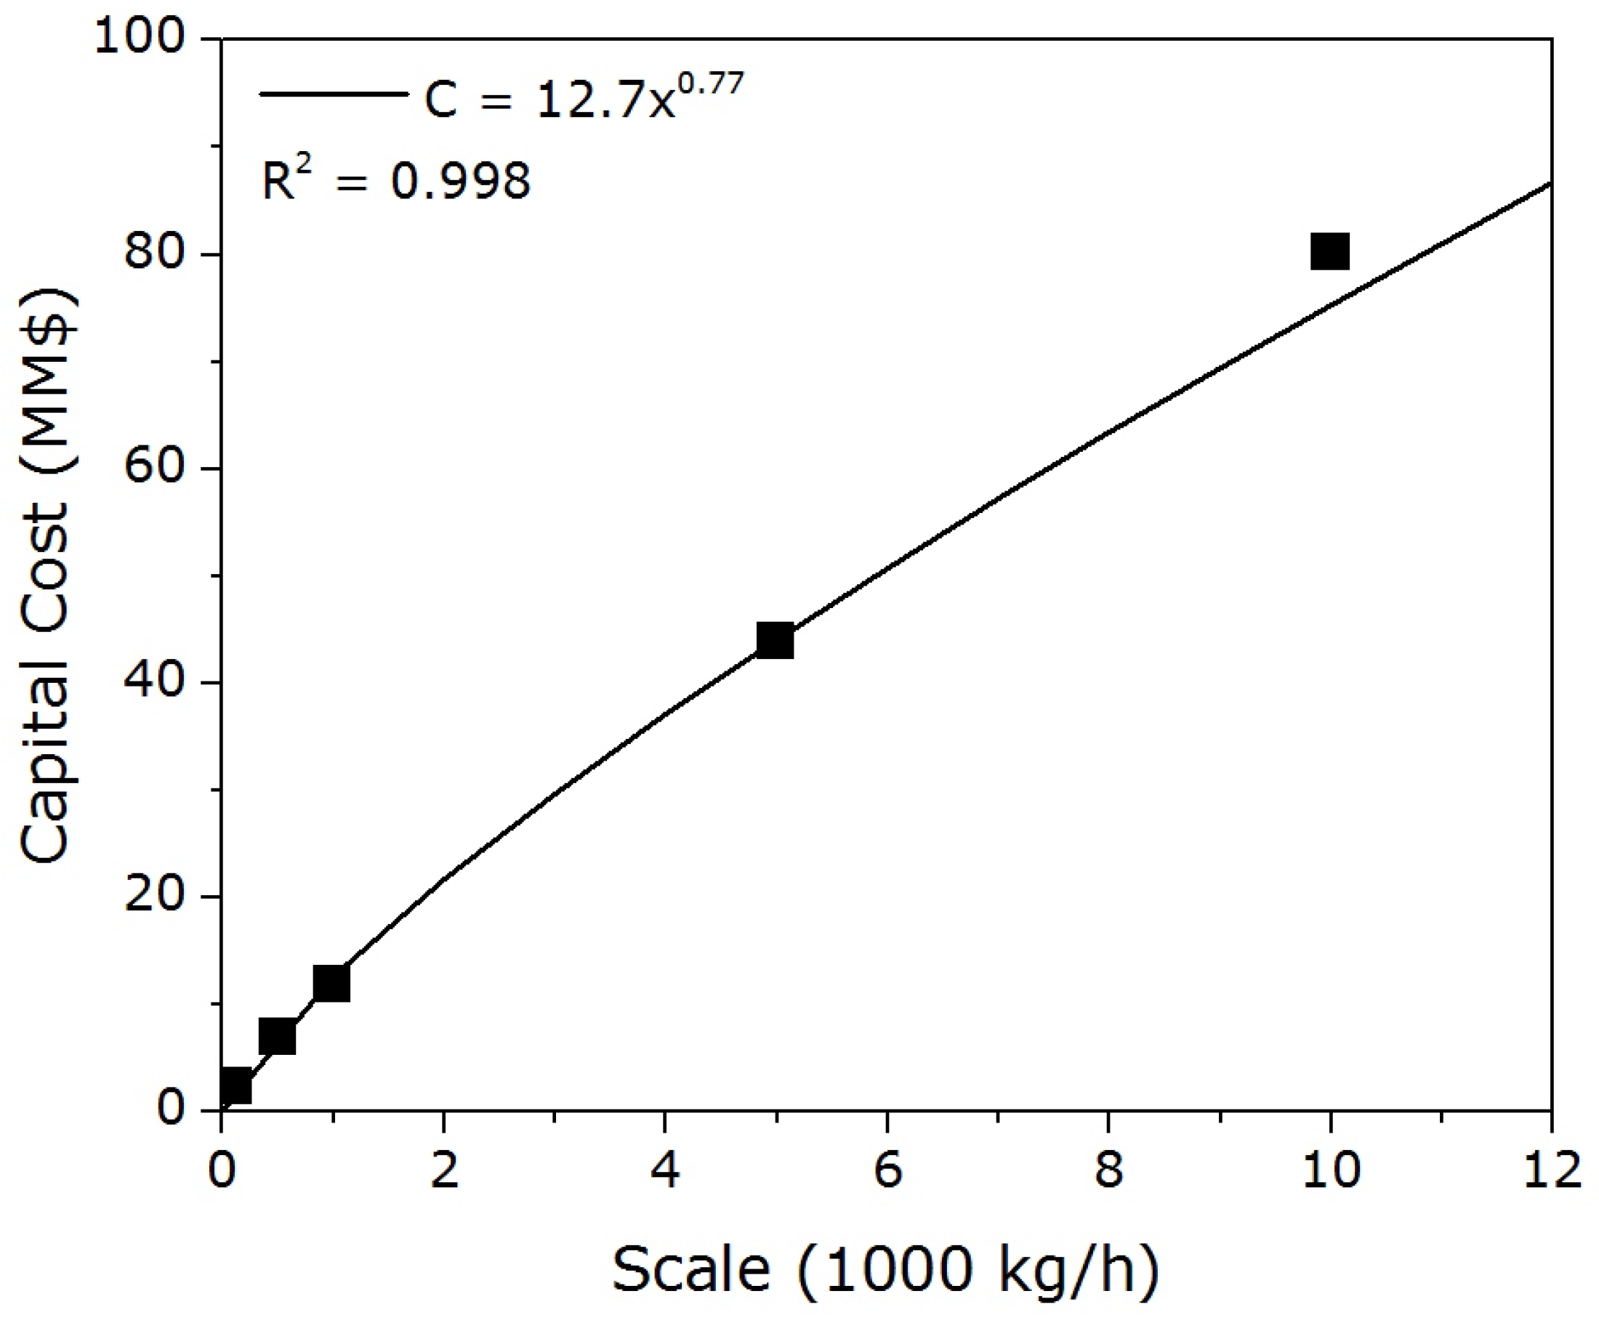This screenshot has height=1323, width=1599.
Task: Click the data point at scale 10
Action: pyautogui.click(x=1329, y=252)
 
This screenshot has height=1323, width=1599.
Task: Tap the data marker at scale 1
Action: pyautogui.click(x=331, y=984)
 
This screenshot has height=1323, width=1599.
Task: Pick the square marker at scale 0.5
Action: pyautogui.click(x=277, y=1037)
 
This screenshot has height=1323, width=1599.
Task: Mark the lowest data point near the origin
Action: pyautogui.click(x=235, y=1086)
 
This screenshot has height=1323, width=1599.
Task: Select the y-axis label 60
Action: pyautogui.click(x=154, y=466)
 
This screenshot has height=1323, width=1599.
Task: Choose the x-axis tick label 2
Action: pyautogui.click(x=443, y=1169)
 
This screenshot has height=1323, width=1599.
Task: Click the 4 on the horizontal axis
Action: pyautogui.click(x=665, y=1169)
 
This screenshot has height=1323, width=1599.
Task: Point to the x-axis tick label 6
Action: pyautogui.click(x=887, y=1169)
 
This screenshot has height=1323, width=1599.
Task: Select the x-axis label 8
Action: pyautogui.click(x=1108, y=1169)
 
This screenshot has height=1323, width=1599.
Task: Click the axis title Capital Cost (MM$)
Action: pyautogui.click(x=47, y=575)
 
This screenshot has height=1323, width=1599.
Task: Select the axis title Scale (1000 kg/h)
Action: pyautogui.click(x=885, y=1269)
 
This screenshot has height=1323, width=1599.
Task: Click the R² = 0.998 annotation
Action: pyautogui.click(x=395, y=179)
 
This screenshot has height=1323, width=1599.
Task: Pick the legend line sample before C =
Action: pyautogui.click(x=334, y=94)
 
